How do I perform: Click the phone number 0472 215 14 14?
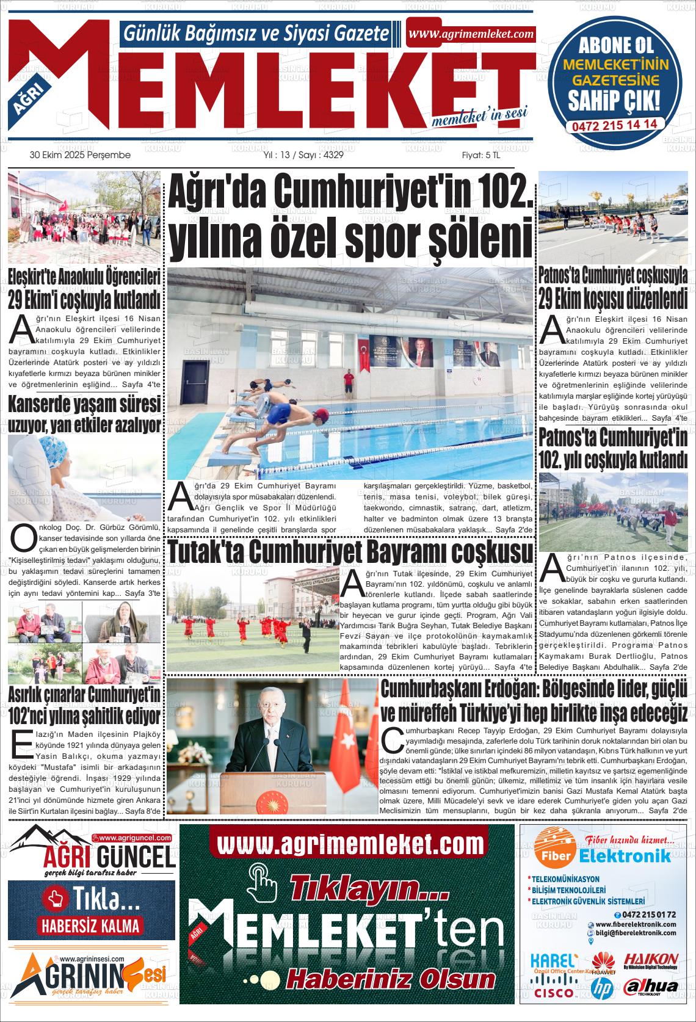pos(614,124)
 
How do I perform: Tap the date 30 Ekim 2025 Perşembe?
pos(80,156)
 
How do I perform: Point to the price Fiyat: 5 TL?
pos(480,156)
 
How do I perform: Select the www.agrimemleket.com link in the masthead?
pos(471,34)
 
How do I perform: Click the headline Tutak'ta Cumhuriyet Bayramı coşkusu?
pos(350,552)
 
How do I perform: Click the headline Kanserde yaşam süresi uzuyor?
pos(84,415)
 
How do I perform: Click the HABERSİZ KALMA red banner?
pos(91,925)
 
